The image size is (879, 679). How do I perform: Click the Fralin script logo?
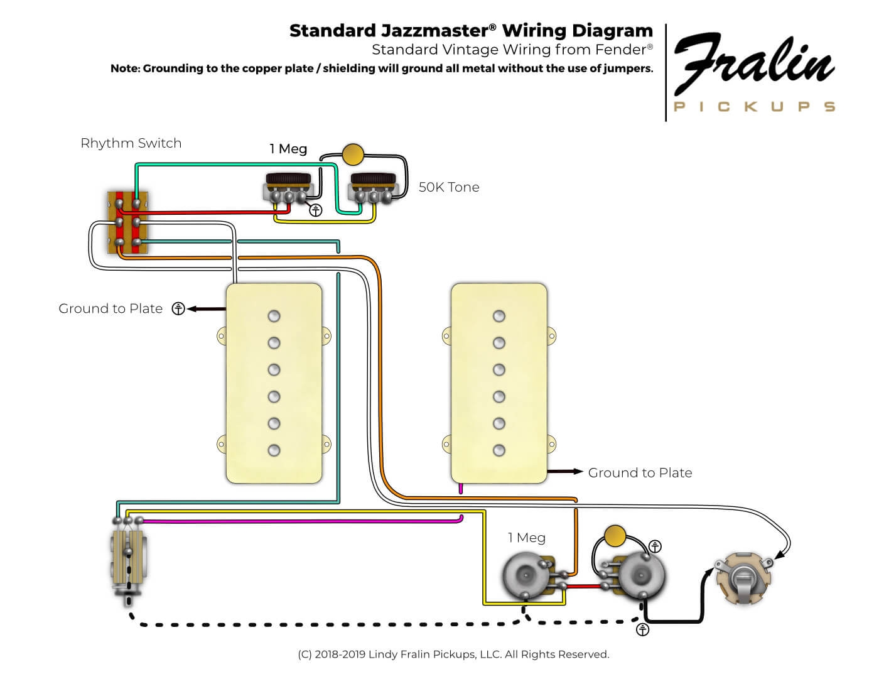click(753, 63)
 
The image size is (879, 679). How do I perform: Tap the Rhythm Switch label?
click(131, 143)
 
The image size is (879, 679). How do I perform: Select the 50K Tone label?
click(448, 187)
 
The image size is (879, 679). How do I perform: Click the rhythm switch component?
click(128, 223)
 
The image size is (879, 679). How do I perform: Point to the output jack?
click(745, 578)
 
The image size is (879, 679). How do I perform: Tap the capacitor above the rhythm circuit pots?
click(353, 155)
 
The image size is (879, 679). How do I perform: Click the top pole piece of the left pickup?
click(274, 316)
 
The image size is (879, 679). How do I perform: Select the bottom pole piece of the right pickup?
click(499, 450)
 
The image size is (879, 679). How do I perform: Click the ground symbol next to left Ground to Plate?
click(178, 308)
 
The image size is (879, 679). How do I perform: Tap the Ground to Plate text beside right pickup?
click(640, 473)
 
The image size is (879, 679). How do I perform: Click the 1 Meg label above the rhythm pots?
click(288, 149)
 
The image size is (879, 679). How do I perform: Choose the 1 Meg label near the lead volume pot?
click(527, 538)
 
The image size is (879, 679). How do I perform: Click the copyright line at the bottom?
click(453, 655)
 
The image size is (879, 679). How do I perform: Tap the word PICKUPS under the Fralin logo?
click(753, 107)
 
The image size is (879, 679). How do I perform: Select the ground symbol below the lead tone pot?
click(642, 629)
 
